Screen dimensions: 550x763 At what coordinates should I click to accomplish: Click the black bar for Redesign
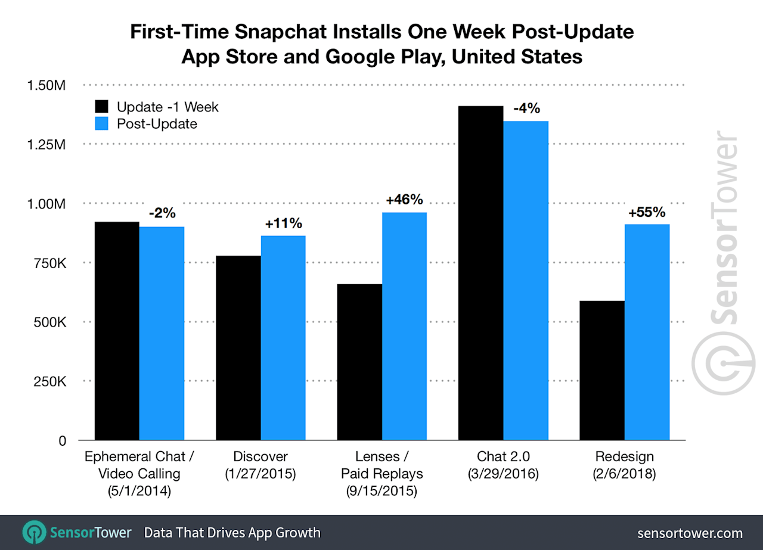pos(601,371)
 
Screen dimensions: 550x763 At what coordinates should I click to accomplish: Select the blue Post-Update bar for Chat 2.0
pos(526,281)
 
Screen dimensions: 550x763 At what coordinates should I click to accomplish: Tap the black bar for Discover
pos(238,348)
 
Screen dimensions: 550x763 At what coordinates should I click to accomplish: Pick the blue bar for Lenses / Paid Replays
pos(404,326)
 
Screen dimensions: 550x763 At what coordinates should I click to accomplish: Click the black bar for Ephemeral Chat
pos(117,331)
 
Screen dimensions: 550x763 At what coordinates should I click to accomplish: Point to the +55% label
pos(647,212)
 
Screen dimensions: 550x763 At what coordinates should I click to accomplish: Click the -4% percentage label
pos(526,108)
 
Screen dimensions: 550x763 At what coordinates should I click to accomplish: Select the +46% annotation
pos(404,200)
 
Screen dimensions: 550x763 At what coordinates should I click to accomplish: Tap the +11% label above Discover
pos(283,223)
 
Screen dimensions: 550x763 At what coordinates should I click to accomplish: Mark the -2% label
pos(162,213)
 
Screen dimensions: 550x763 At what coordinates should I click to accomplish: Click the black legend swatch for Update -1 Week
pos(103,107)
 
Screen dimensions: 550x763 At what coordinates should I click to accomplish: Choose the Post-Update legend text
pos(157,124)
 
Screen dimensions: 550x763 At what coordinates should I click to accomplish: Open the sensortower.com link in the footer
pos(690,533)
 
